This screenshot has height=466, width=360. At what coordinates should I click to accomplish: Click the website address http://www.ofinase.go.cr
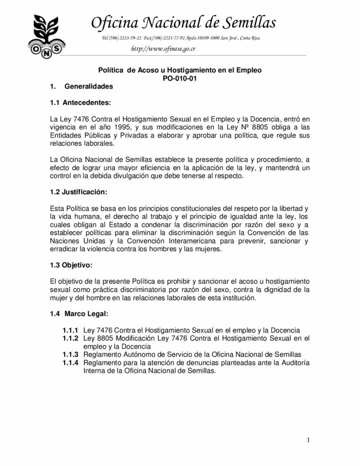[x=157, y=49]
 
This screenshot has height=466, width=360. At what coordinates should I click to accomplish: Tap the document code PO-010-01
[x=180, y=78]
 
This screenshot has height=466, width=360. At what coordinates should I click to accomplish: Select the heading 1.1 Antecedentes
[x=80, y=102]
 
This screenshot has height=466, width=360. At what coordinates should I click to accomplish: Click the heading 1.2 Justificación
[x=79, y=192]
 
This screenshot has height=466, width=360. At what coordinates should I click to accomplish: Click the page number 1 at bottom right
[x=309, y=440]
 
